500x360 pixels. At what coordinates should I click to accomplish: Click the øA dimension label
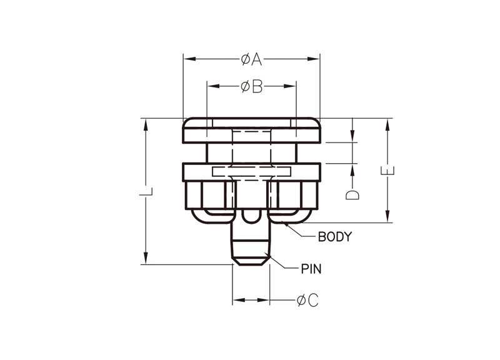(252, 59)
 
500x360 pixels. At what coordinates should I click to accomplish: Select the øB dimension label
(252, 86)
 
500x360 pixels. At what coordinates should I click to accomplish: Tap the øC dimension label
(307, 300)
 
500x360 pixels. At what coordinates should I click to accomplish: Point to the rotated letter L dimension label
(146, 192)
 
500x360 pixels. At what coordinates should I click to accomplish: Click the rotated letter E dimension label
(387, 171)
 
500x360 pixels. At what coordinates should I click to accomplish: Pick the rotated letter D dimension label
(352, 195)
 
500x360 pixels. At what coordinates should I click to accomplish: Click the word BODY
(335, 237)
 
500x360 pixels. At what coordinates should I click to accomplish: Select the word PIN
(311, 269)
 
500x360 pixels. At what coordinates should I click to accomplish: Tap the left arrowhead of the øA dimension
(190, 59)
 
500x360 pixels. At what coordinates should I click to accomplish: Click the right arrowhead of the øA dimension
(313, 59)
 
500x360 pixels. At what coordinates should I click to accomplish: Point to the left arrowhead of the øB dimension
(214, 86)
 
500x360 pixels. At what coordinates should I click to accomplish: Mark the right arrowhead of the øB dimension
(289, 86)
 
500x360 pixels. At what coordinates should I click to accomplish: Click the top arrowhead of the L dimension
(146, 125)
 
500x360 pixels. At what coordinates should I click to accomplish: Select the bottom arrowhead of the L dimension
(146, 257)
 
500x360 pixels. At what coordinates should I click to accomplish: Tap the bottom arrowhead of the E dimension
(387, 216)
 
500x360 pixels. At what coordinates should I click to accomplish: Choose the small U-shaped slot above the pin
(251, 216)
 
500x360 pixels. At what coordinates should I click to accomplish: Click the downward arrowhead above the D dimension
(352, 136)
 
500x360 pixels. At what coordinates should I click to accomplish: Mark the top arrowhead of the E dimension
(387, 125)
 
